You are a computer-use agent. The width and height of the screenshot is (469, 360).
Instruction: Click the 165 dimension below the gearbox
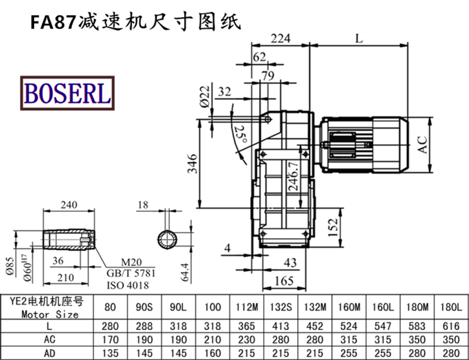(x=284, y=281)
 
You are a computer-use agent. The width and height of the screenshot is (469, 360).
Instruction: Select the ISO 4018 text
(x=128, y=286)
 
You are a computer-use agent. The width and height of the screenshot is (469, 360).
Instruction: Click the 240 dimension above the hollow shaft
(x=69, y=205)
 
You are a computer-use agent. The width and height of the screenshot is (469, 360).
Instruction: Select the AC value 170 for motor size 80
(x=109, y=339)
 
